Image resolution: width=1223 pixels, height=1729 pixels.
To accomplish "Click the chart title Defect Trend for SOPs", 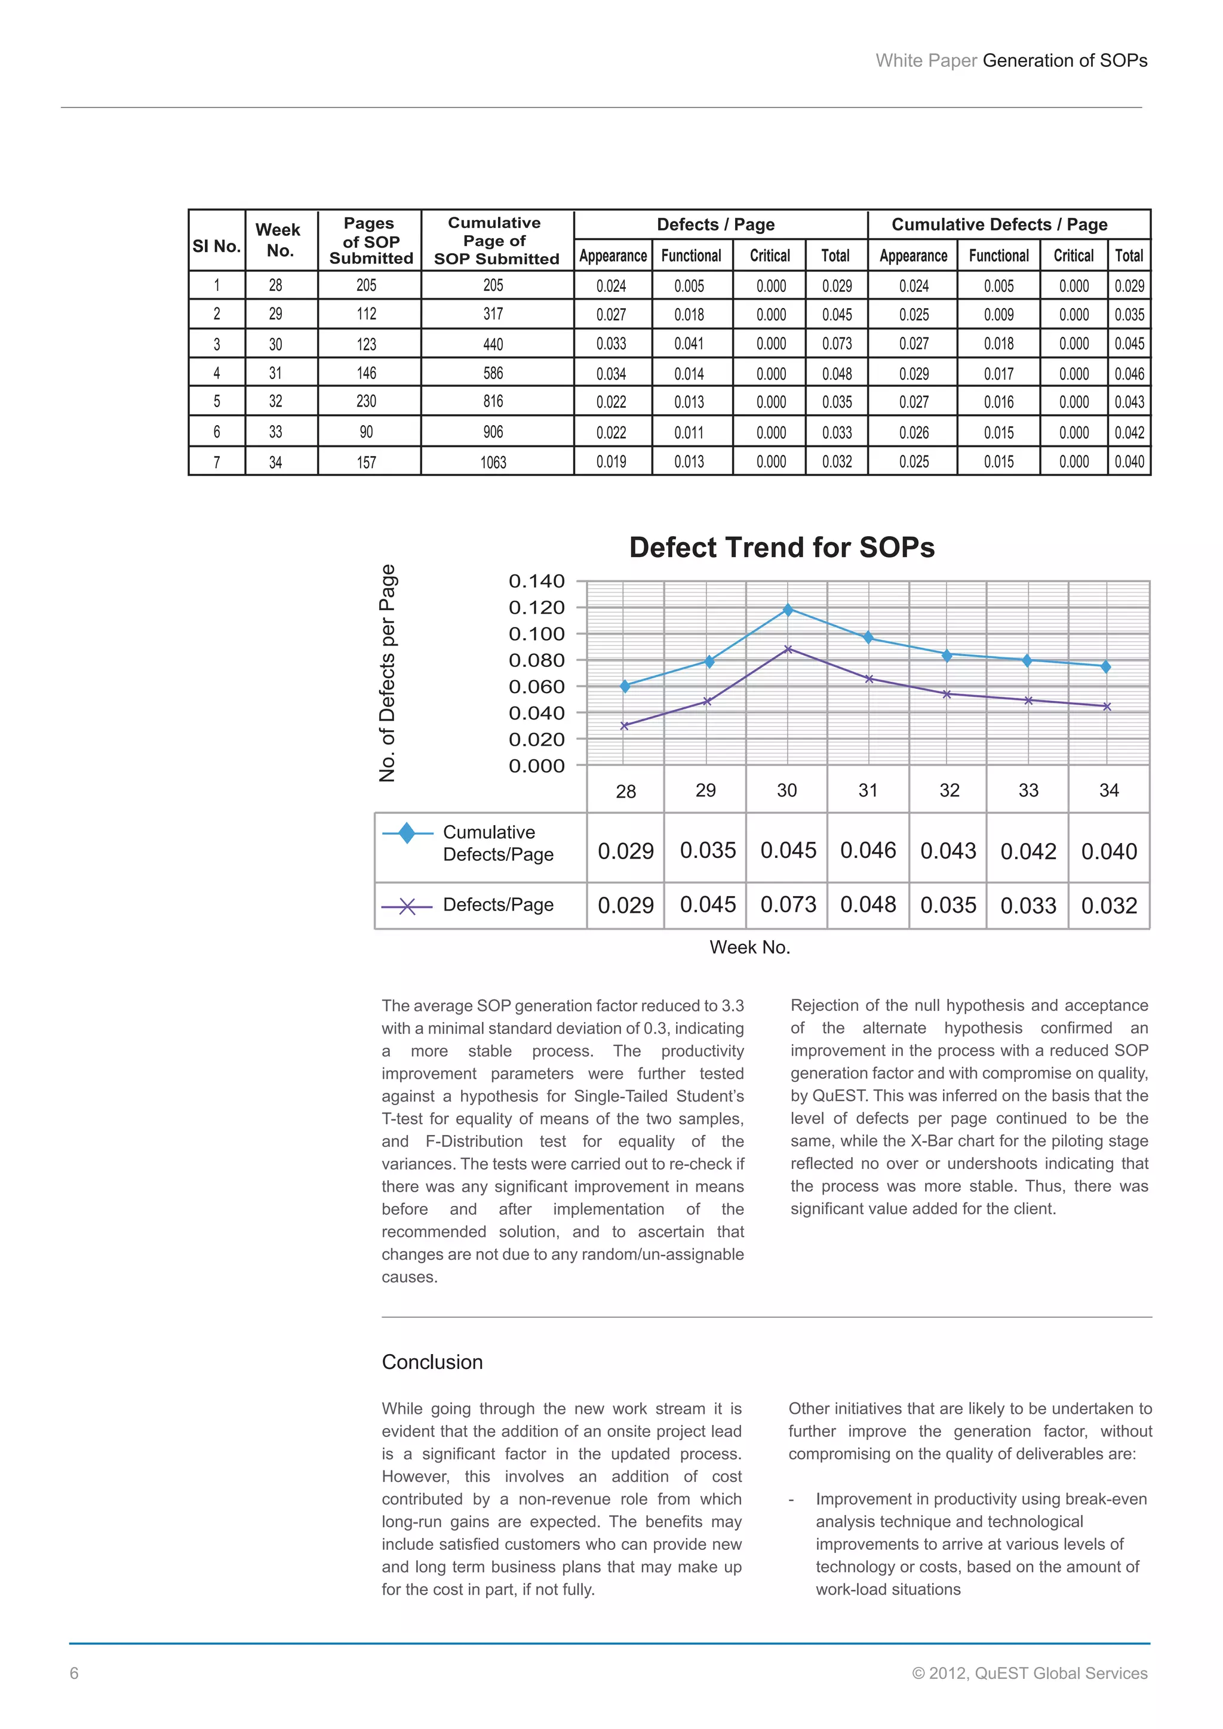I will pyautogui.click(x=781, y=547).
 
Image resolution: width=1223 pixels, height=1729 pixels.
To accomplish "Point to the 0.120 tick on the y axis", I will pyautogui.click(x=536, y=608).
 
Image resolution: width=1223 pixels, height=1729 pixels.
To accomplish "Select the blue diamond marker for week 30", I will pyautogui.click(x=788, y=609).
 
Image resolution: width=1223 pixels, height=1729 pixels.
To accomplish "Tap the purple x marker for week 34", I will pyautogui.click(x=1107, y=706).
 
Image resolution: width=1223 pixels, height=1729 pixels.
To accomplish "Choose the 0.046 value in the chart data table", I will pyautogui.click(x=868, y=850).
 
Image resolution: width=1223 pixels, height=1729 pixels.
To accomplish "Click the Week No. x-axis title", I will pyautogui.click(x=749, y=947).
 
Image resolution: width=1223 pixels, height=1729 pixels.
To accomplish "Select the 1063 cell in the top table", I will pyautogui.click(x=493, y=462).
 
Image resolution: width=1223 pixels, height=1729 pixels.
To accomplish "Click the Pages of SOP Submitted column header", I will pyautogui.click(x=370, y=240).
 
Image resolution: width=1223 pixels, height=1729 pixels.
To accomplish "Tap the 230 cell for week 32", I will pyautogui.click(x=366, y=401).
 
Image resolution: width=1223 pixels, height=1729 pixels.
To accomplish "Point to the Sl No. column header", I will pyautogui.click(x=216, y=246).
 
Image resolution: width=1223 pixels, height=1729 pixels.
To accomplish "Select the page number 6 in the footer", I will pyautogui.click(x=74, y=1673).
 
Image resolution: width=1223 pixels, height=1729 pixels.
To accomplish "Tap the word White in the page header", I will pyautogui.click(x=898, y=61).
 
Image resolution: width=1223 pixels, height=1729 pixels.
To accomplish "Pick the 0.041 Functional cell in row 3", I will pyautogui.click(x=689, y=344).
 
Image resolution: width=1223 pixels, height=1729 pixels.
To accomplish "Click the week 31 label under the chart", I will pyautogui.click(x=868, y=790).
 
